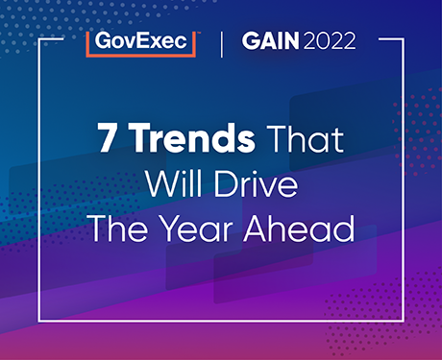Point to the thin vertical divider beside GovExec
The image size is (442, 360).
[223, 43]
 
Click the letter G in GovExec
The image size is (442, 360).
[98, 42]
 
